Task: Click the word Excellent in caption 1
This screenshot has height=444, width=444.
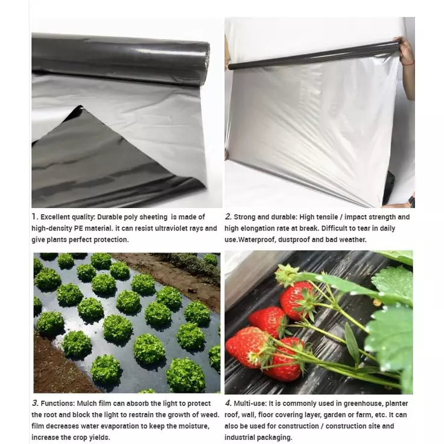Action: click(56, 217)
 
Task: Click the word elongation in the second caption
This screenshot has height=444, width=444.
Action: click(259, 229)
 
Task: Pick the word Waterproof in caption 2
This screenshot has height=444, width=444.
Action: click(261, 239)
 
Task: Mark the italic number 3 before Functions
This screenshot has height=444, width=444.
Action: click(34, 403)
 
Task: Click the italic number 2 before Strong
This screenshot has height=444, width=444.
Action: click(227, 217)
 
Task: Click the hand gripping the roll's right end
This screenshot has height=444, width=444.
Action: click(405, 51)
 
